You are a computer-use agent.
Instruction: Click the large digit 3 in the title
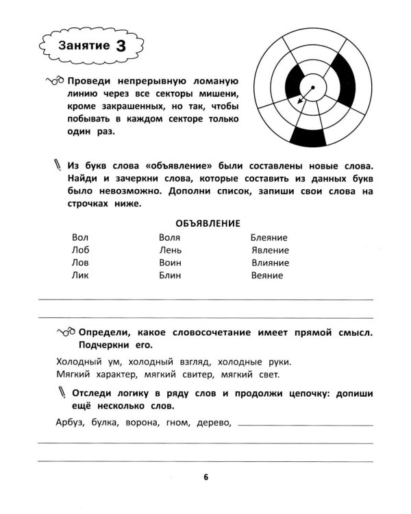[121, 45]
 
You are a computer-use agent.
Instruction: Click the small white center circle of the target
[313, 88]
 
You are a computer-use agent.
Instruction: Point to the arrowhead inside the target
[299, 103]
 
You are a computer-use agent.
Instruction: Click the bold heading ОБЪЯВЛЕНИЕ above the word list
[207, 223]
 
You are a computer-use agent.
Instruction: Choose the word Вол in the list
[79, 237]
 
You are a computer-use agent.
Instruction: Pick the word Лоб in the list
[80, 250]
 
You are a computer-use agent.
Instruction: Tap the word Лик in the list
[80, 276]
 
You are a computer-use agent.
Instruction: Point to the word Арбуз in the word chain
[68, 422]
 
